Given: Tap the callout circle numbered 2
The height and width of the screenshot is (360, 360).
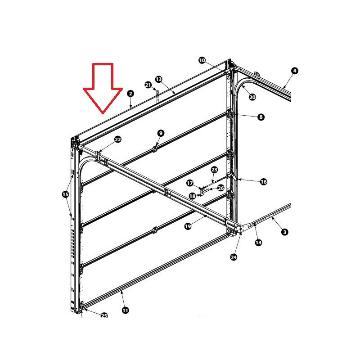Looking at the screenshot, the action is click(x=130, y=94).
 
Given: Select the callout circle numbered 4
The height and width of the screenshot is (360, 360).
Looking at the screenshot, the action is click(x=295, y=71).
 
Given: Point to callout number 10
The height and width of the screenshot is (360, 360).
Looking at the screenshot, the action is click(x=202, y=60).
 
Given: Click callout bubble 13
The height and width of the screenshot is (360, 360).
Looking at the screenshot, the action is click(x=159, y=79).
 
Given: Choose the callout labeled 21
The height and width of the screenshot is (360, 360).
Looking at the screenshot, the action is click(x=148, y=85).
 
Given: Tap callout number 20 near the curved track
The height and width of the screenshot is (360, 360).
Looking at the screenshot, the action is click(x=252, y=97).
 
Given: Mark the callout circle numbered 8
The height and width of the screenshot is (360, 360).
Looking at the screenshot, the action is click(x=261, y=117).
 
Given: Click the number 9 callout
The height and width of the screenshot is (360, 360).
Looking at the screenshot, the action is click(x=161, y=133).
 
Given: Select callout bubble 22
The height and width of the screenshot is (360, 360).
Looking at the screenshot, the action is click(x=118, y=139).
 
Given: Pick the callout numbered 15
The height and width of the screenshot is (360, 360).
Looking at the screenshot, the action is click(x=65, y=194).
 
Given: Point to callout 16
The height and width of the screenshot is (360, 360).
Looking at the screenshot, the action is click(x=264, y=182).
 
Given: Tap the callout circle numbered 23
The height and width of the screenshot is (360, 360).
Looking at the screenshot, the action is click(x=214, y=170).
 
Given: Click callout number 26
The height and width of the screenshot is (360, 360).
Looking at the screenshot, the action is click(x=220, y=188).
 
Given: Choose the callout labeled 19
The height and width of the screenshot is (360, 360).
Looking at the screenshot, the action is click(x=188, y=226).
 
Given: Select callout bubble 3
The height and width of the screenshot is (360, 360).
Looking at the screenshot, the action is click(x=285, y=232).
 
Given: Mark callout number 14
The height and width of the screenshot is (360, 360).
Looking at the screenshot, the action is click(x=258, y=243).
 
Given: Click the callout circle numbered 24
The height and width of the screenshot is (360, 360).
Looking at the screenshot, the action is click(x=234, y=257).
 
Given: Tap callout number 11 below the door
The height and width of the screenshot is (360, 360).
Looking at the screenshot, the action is click(x=126, y=310).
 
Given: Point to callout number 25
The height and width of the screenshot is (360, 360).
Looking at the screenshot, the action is click(x=104, y=316).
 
